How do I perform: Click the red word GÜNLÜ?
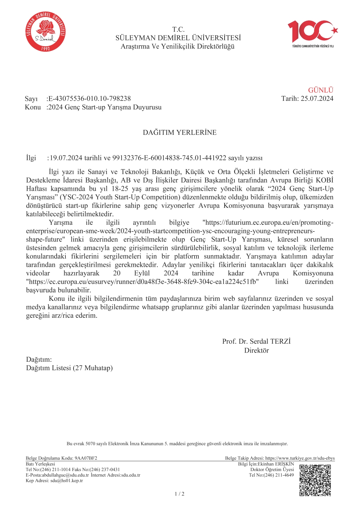pos(320,90)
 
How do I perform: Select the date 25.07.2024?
pos(317,99)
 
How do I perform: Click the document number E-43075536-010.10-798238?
pos(89,99)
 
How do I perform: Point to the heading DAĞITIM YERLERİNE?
pos(180,133)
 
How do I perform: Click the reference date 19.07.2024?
pos(66,158)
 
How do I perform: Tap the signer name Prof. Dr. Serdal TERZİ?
pos(256,342)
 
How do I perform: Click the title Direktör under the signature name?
pos(256,351)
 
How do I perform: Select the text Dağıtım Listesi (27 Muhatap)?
pos(69,368)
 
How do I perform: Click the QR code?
pos(315,480)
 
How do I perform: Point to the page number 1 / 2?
pos(180,494)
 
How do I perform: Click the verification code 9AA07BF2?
pos(86,458)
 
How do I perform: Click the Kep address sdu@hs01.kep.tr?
pos(66,481)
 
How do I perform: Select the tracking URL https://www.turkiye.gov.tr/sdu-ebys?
pos(300,458)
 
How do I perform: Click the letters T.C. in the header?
pos(179,29)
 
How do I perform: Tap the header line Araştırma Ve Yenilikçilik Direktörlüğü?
pos(178,47)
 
